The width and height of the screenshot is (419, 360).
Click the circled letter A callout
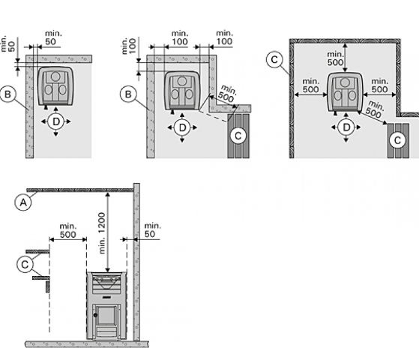click(x=23, y=202)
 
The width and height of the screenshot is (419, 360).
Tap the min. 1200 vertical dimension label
click(x=102, y=233)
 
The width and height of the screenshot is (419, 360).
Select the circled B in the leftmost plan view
click(x=7, y=94)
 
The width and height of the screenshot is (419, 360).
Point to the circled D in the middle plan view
click(x=182, y=127)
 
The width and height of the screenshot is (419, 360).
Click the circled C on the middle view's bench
click(x=238, y=136)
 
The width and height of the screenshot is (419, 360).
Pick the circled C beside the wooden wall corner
click(x=274, y=60)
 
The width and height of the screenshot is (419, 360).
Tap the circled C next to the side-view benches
click(x=25, y=265)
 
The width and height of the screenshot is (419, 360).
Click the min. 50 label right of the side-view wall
click(x=153, y=230)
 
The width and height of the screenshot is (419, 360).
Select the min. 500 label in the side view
click(x=68, y=230)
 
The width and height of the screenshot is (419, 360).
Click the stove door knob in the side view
click(x=95, y=315)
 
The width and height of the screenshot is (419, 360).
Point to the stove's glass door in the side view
click(x=106, y=316)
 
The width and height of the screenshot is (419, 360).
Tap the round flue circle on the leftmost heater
click(x=55, y=76)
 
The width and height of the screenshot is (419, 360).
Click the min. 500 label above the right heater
click(x=335, y=58)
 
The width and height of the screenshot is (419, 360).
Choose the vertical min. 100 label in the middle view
click(x=129, y=46)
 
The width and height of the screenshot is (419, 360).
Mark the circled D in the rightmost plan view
click(x=346, y=127)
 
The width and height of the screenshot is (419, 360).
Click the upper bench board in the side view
click(x=37, y=251)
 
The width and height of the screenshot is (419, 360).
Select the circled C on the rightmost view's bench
click(x=397, y=140)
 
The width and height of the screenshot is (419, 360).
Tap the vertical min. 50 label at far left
click(x=8, y=43)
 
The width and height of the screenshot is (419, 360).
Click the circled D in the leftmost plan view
click(x=56, y=121)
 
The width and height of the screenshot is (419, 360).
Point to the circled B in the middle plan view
click(x=128, y=94)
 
